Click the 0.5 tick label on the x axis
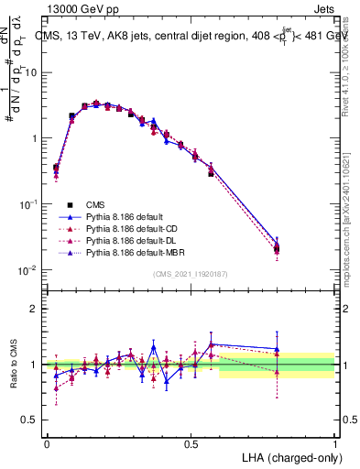[191, 442]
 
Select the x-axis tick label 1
[335, 442]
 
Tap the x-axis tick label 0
[47, 442]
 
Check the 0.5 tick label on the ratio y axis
[29, 421]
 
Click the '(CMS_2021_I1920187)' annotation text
[191, 274]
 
